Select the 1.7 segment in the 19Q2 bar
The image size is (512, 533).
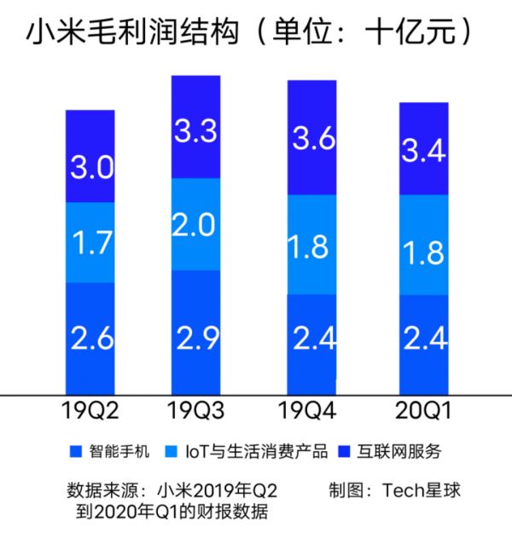click(x=90, y=243)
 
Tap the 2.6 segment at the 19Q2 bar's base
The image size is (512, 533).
click(x=90, y=339)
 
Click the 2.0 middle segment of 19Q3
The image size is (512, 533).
click(x=196, y=225)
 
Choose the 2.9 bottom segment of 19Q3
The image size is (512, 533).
click(x=196, y=333)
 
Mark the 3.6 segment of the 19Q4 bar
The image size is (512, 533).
click(x=311, y=138)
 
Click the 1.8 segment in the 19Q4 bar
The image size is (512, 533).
click(x=311, y=246)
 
